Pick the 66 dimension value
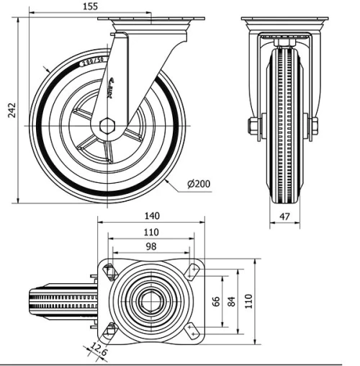215,301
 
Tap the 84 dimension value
232,301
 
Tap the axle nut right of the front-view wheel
315,127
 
